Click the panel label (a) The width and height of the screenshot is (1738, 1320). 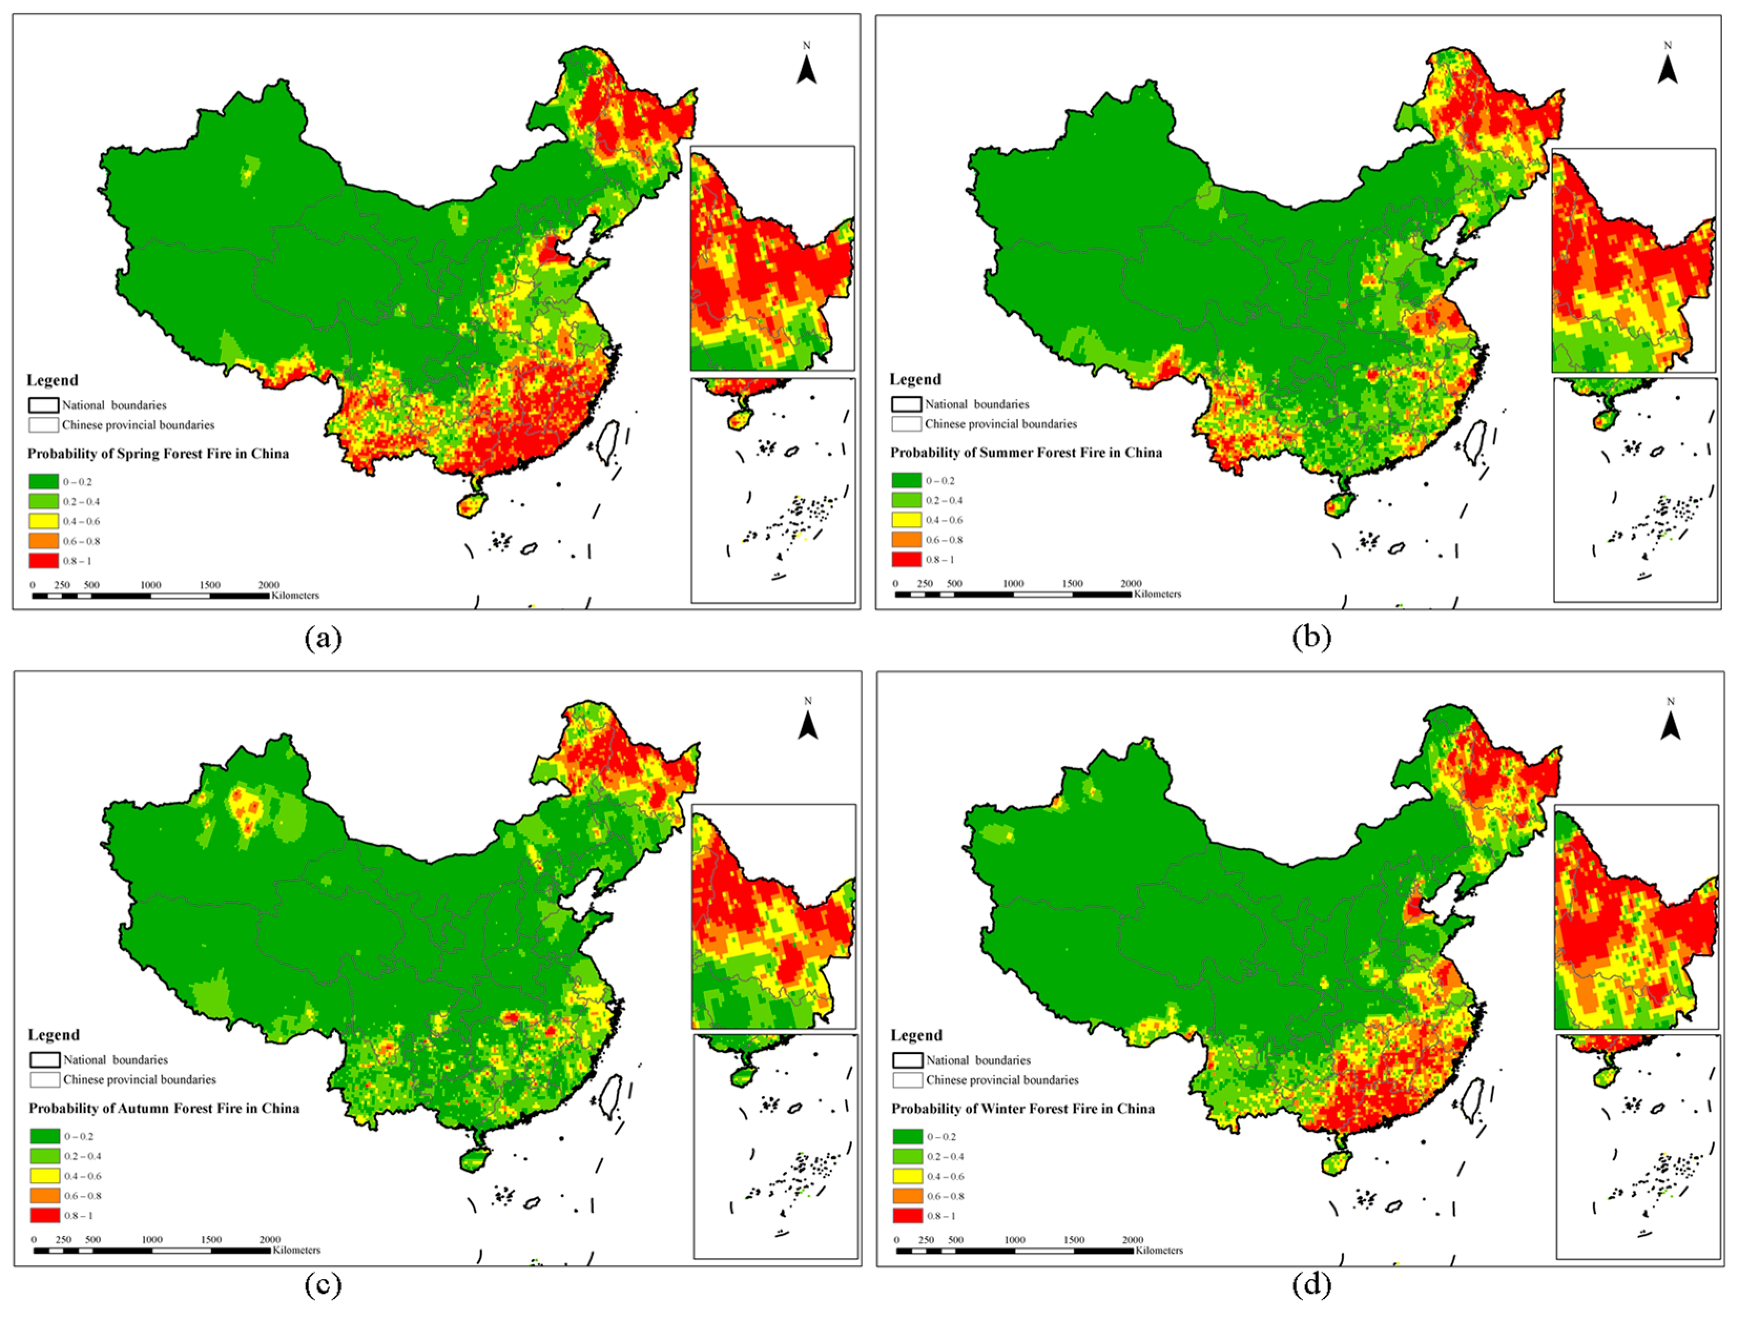323,637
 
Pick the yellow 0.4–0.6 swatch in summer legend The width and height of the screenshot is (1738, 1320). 906,519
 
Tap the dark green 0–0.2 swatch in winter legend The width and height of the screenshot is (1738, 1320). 907,1136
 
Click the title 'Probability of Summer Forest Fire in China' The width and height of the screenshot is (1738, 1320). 1026,452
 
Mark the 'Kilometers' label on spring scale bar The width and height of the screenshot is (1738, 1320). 295,595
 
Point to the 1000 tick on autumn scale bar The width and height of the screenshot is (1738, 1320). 152,1239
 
